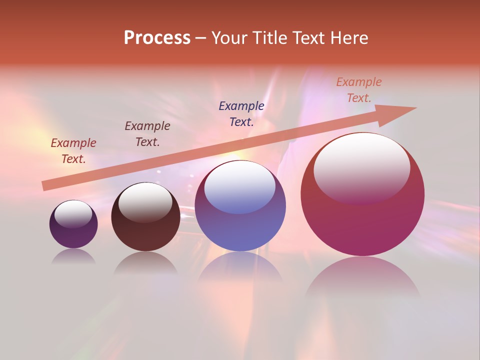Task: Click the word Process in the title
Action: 157,38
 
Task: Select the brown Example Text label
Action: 147,134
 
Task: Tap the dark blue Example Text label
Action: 241,113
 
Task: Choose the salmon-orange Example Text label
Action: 359,90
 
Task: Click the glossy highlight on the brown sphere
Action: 145,201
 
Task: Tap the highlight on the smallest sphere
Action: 73,213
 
